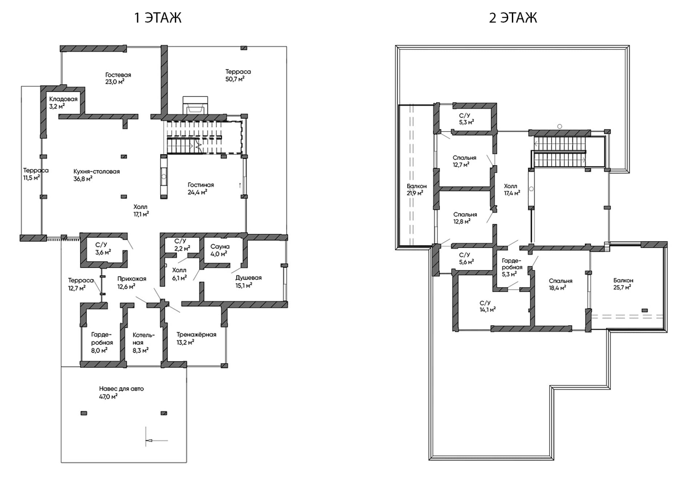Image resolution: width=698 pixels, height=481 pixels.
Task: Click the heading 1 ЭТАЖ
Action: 158,17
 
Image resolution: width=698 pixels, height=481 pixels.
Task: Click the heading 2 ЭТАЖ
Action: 513,17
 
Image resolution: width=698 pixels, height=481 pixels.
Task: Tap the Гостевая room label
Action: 118,75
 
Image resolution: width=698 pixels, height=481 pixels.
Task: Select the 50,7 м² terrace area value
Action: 235,79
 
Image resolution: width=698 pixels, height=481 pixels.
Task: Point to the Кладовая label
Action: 63,99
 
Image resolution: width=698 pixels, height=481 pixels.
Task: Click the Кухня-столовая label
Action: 96,171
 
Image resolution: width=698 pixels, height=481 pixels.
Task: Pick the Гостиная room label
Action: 201,185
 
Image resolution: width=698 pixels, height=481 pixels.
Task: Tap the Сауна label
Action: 220,247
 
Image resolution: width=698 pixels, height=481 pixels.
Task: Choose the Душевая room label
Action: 249,278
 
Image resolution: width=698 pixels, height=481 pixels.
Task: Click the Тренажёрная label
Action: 196,335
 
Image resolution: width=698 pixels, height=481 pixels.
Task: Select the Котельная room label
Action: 143,339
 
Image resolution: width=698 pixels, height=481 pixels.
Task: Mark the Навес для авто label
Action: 121,389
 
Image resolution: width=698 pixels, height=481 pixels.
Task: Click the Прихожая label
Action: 132,279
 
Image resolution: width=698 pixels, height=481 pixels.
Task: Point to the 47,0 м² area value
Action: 108,396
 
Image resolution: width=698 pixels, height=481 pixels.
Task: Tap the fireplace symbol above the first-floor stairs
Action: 195,105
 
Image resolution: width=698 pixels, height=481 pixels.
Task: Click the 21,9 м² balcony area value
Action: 415,193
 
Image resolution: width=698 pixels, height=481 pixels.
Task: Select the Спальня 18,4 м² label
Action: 560,284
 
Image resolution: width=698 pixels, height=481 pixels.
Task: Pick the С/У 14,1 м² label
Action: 487,306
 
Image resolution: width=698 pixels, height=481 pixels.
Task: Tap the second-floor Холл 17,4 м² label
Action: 512,190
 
